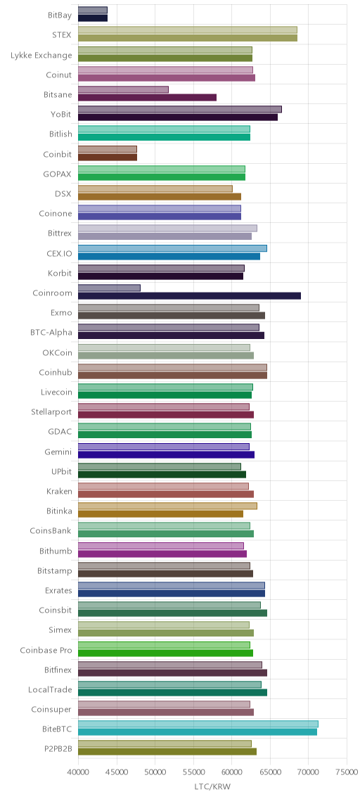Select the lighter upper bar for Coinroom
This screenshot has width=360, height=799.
click(109, 288)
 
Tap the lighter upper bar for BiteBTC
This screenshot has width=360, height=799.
click(198, 724)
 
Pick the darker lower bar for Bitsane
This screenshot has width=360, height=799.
click(147, 97)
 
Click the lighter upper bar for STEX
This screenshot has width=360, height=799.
click(188, 30)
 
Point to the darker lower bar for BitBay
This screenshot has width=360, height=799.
click(93, 18)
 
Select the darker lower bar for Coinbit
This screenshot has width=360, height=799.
click(108, 157)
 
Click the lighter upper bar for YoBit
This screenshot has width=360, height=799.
click(180, 109)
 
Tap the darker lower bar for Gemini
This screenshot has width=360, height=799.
click(166, 454)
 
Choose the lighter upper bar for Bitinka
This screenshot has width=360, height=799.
click(167, 506)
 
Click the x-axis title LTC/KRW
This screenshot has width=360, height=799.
click(212, 787)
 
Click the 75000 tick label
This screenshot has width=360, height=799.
click(347, 772)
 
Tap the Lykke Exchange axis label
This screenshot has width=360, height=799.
click(41, 55)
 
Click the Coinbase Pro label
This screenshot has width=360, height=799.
click(46, 650)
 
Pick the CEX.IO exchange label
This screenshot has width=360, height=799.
click(59, 253)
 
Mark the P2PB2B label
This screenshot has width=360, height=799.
click(58, 748)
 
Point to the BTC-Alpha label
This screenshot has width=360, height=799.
click(51, 333)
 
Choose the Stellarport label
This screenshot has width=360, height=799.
click(51, 411)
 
